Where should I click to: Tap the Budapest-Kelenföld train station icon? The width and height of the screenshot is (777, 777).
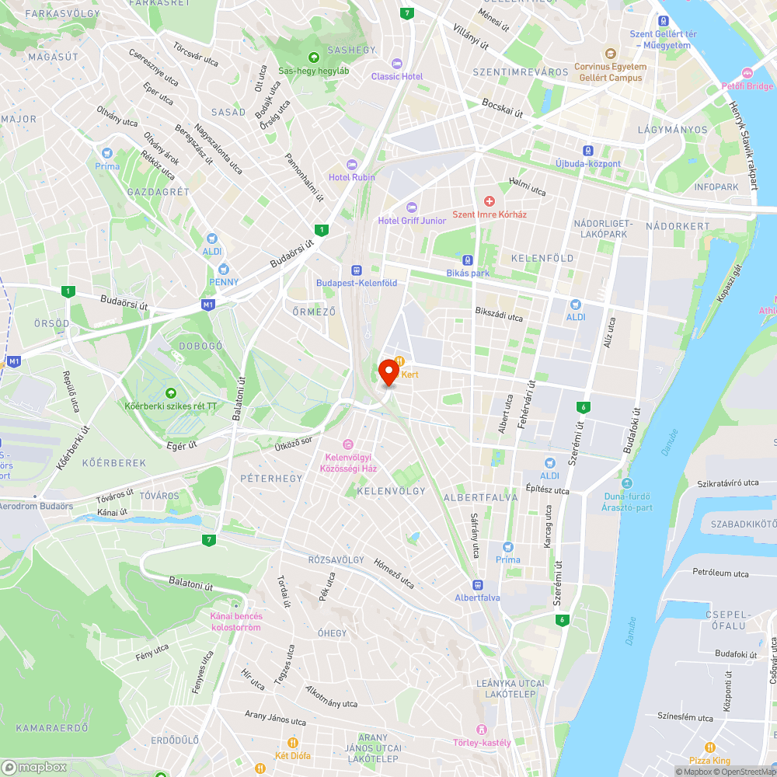[357, 270]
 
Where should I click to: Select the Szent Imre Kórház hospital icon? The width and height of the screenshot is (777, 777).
[490, 201]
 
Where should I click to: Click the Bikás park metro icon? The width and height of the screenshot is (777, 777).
[468, 260]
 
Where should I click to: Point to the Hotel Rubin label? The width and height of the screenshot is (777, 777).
[351, 177]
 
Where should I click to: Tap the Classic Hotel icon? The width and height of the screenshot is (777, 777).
[397, 63]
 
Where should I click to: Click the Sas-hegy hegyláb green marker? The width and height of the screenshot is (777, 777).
[314, 57]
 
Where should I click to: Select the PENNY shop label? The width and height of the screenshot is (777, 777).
[224, 281]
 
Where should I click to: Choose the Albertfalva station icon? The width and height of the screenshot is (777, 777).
[477, 584]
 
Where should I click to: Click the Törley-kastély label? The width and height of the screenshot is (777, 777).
[482, 742]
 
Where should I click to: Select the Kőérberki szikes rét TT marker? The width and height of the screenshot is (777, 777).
[171, 392]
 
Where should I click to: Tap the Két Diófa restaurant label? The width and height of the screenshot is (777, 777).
[293, 755]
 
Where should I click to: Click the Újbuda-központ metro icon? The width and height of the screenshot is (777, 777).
[589, 150]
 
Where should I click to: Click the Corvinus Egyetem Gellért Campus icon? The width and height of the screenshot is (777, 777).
[610, 54]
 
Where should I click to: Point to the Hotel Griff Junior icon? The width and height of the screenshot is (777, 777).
[412, 207]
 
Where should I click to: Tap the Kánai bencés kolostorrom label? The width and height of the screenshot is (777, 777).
[236, 622]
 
